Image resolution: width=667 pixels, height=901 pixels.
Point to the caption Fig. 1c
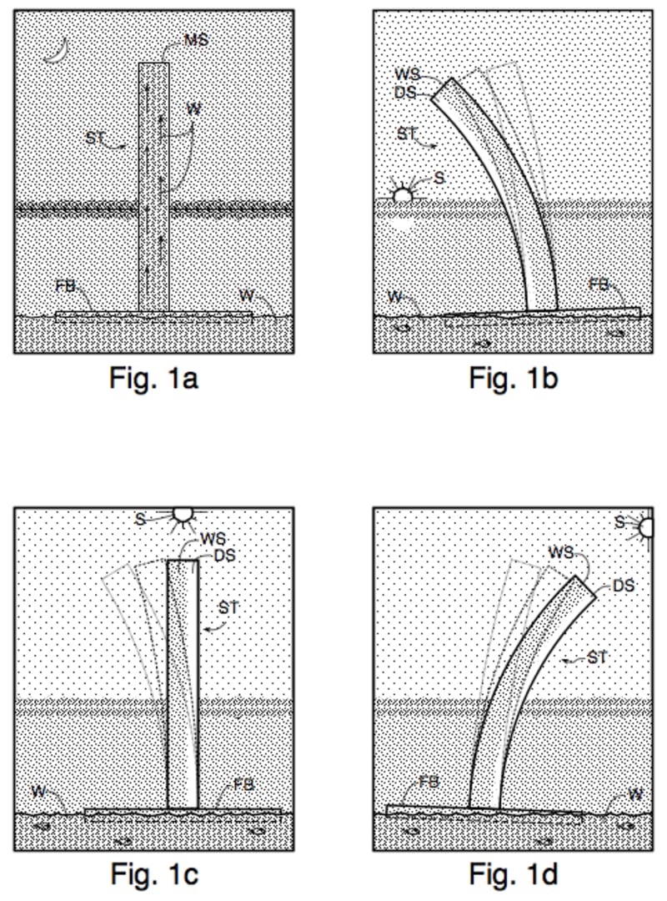point(153,873)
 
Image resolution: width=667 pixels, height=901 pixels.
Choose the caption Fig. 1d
point(513,873)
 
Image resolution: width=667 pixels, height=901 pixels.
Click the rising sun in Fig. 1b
point(404,194)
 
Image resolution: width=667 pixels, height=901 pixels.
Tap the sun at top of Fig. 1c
point(182,516)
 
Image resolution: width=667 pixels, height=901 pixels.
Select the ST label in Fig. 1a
point(97,138)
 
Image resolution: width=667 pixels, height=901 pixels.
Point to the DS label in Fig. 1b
point(405,91)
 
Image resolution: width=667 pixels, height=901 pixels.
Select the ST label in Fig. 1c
point(228,608)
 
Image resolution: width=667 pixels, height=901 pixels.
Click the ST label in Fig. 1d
point(597,658)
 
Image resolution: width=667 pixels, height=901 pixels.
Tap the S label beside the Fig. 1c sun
point(142,519)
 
